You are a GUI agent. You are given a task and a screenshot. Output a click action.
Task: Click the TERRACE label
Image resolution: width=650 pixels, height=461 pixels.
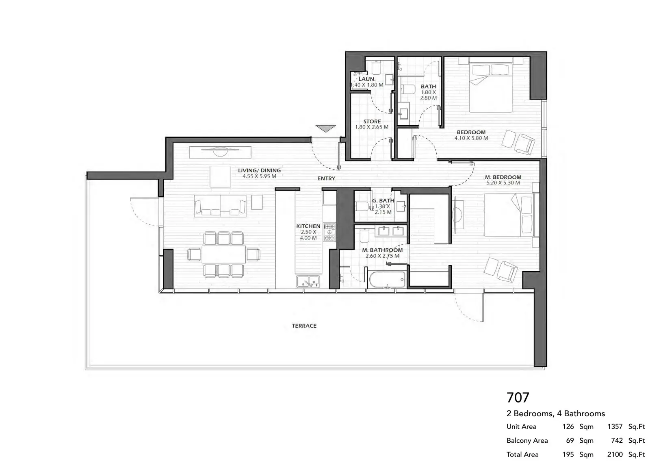coord(304,326)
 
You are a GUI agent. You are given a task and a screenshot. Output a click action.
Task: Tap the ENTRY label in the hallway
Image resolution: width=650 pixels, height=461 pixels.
coord(326,178)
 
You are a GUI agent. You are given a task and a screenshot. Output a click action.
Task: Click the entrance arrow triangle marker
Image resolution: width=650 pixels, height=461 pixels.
coord(326,128)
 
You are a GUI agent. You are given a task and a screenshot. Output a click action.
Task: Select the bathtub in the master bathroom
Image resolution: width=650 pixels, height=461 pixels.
coord(387,279)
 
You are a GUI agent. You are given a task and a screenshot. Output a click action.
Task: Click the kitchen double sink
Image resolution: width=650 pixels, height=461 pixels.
coord(308,281)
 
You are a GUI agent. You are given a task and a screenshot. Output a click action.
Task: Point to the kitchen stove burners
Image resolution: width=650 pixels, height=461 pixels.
coord(329,232)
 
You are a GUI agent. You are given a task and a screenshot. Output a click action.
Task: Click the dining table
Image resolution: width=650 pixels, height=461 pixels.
coord(224,254)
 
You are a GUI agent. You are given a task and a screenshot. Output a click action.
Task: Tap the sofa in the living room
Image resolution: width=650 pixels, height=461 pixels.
coord(220,206)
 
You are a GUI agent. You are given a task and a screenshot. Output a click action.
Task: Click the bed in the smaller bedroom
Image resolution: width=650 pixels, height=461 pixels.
coord(490,87)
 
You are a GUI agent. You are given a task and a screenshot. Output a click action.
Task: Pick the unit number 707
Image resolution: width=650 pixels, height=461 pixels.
coord(518,398)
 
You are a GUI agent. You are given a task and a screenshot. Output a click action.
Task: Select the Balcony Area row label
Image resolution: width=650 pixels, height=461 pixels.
coord(527,440)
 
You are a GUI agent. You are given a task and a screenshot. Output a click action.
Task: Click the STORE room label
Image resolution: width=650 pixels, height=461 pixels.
coord(372,121)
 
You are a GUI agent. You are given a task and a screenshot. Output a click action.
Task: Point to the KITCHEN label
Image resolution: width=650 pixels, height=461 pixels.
coord(308,226)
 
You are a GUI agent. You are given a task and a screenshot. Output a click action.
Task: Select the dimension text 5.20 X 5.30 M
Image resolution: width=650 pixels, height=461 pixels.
coord(503,183)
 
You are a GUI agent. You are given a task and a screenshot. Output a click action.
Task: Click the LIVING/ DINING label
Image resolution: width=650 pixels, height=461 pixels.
coord(260,170)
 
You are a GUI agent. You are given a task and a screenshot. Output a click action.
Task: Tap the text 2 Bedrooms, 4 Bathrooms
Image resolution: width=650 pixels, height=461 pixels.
coord(556,413)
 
